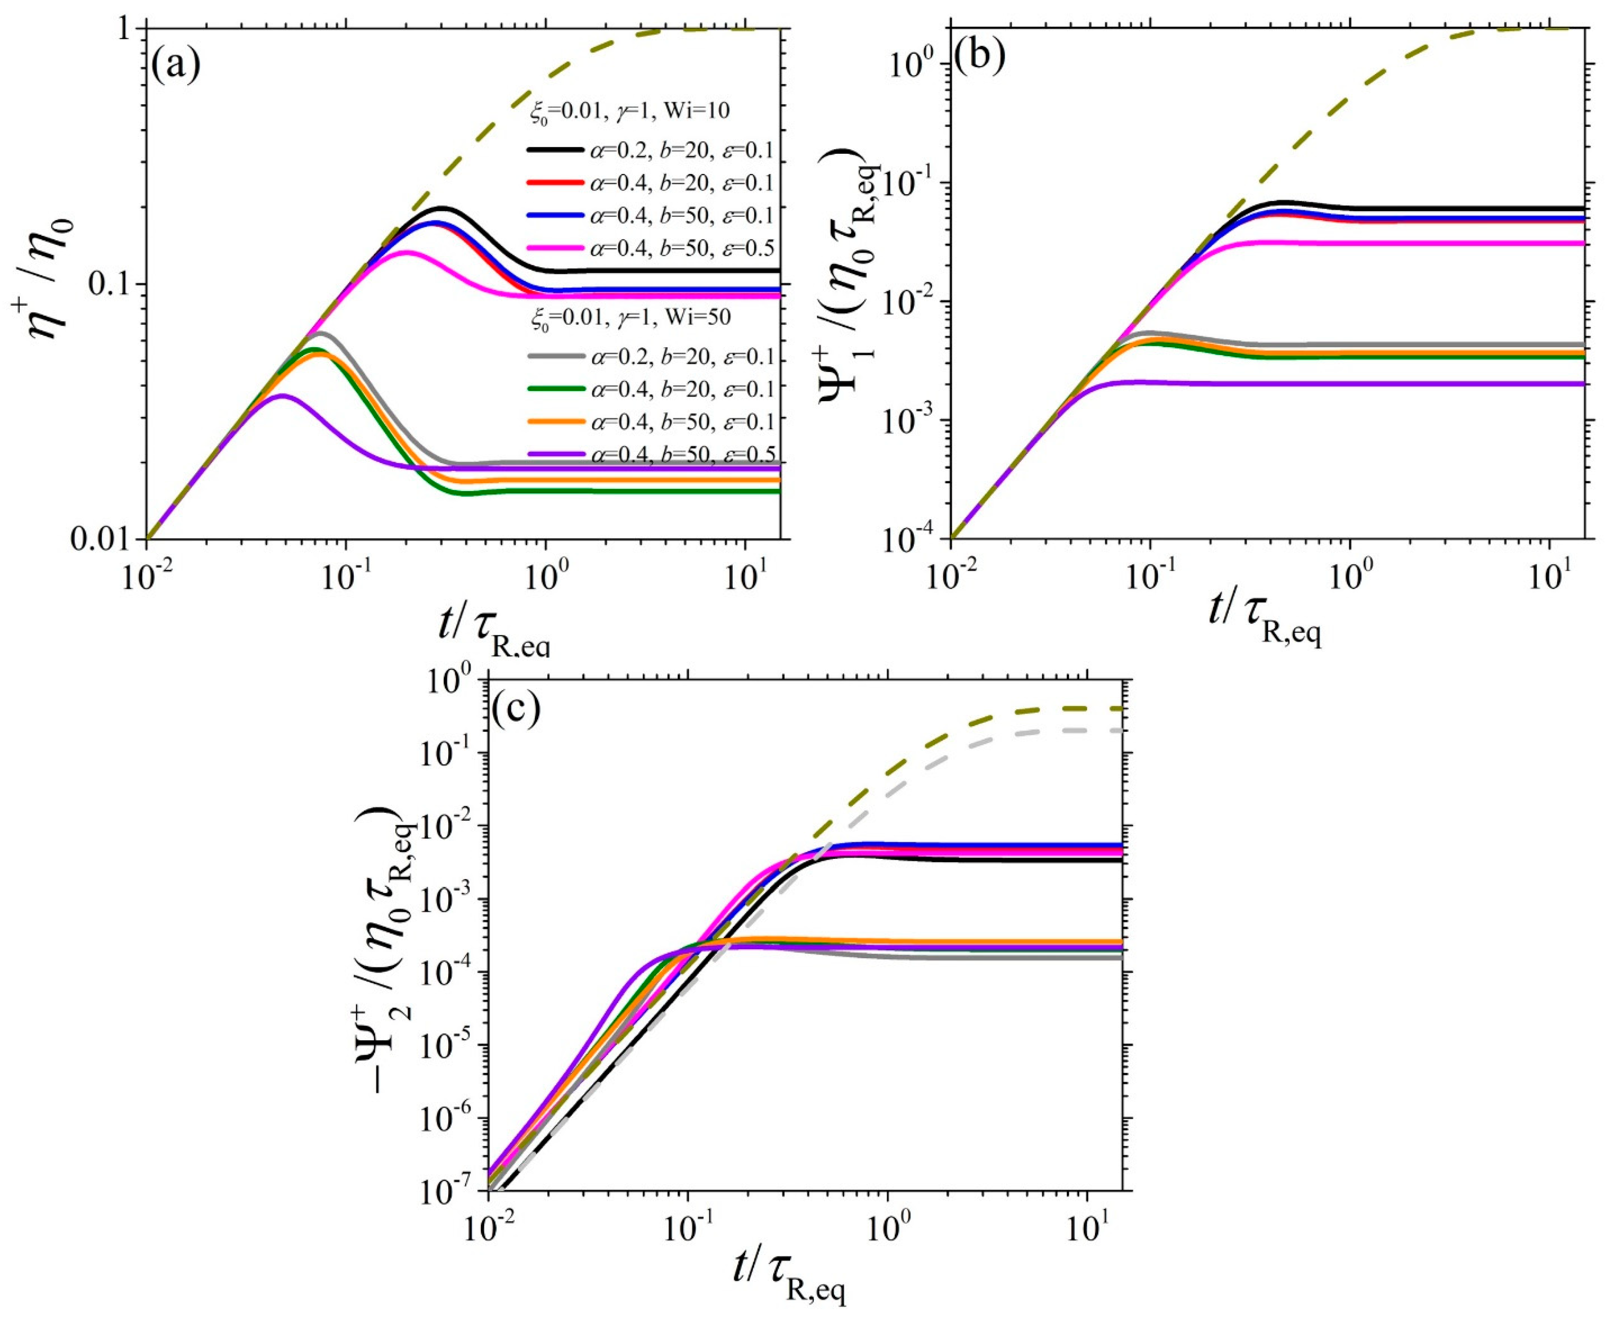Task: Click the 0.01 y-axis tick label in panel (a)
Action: point(106,539)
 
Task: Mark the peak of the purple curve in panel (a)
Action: point(282,395)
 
